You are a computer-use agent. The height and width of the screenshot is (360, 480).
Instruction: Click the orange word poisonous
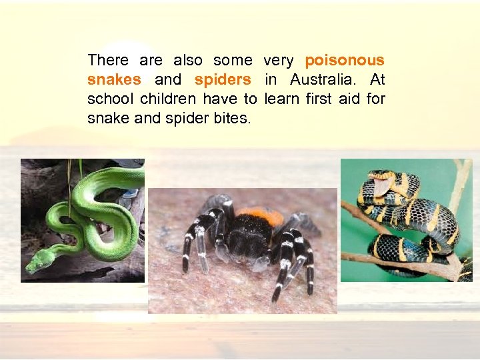pyautogui.click(x=345, y=61)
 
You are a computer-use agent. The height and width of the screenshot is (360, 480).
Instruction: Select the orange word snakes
pyautogui.click(x=114, y=80)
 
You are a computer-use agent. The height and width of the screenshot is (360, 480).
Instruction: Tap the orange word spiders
pyautogui.click(x=223, y=80)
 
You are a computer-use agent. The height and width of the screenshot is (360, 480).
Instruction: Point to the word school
pyautogui.click(x=108, y=99)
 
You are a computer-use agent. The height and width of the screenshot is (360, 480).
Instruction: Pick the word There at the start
pyautogui.click(x=108, y=61)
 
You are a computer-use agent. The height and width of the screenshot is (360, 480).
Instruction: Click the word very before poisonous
pyautogui.click(x=279, y=61)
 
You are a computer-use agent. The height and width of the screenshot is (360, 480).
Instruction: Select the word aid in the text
pyautogui.click(x=353, y=99)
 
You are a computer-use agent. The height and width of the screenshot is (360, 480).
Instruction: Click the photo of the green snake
pyautogui.click(x=82, y=220)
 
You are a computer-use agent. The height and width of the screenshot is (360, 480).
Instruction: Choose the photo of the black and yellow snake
pyautogui.click(x=406, y=220)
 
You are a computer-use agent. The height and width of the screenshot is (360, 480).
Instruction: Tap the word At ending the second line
pyautogui.click(x=377, y=80)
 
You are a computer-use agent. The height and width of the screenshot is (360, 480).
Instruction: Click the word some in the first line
pyautogui.click(x=233, y=61)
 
